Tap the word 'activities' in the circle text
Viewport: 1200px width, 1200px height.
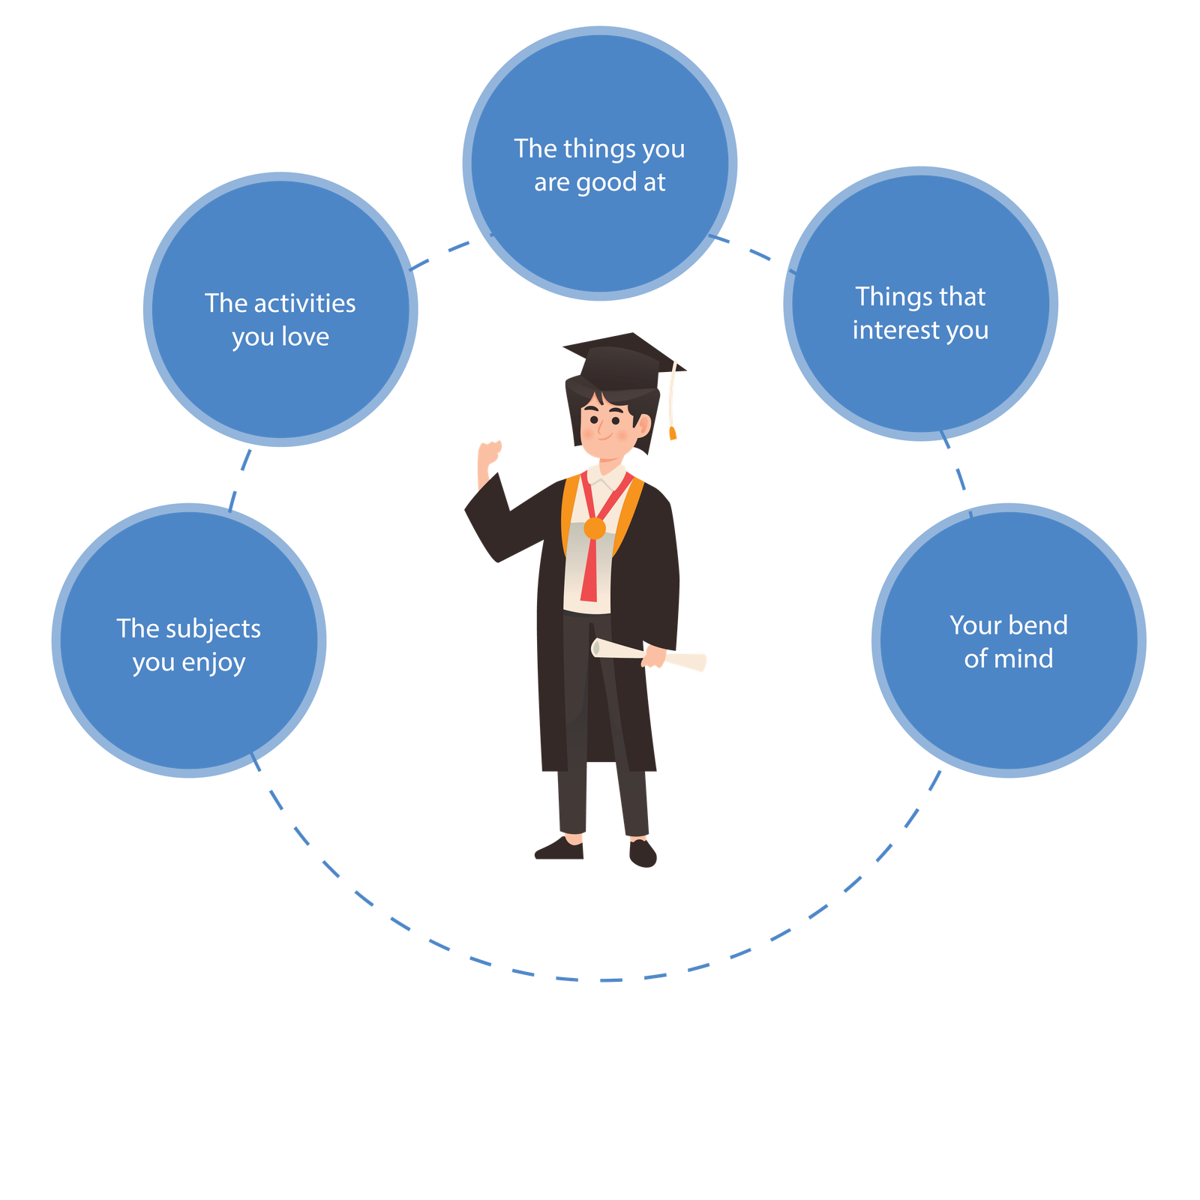coord(305,303)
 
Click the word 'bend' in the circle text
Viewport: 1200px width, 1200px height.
coord(1037,625)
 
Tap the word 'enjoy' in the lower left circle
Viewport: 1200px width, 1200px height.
coord(214,663)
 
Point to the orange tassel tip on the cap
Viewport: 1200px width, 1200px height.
coord(673,433)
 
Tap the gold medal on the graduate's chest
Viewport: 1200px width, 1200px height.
coord(594,528)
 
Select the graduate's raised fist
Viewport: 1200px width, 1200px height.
coord(490,453)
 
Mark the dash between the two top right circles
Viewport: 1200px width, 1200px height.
coord(760,253)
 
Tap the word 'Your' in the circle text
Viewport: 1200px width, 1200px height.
coord(973,625)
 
